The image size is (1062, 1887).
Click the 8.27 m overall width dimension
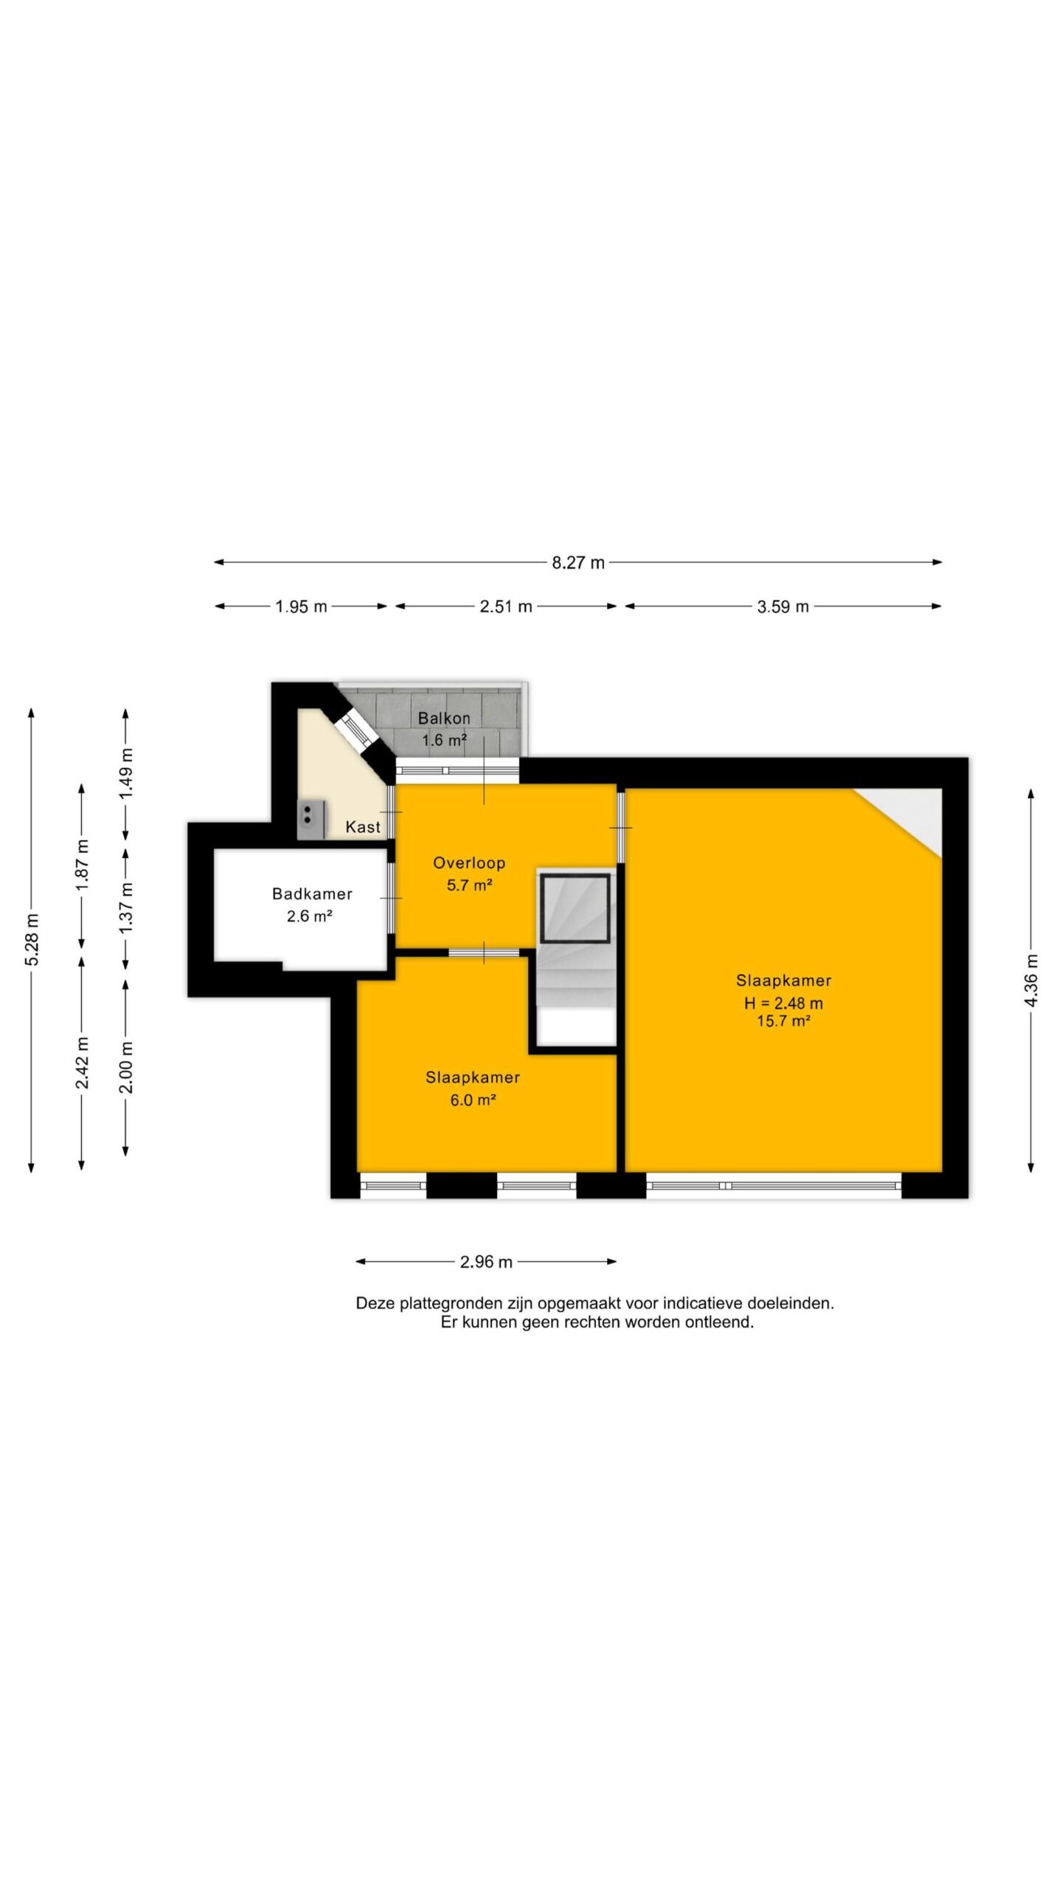(x=578, y=563)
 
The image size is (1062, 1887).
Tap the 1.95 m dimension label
(x=301, y=607)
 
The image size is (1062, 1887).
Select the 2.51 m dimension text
(x=506, y=607)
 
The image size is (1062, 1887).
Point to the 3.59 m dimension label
(x=783, y=607)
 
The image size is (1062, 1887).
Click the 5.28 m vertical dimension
(x=32, y=939)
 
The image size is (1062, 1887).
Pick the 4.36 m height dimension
(x=1032, y=980)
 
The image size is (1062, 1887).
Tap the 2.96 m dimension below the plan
(x=486, y=1262)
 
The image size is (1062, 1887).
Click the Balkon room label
(x=444, y=718)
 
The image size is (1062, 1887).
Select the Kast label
(x=363, y=827)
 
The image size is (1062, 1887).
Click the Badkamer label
(x=312, y=894)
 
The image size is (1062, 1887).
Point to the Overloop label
(x=469, y=863)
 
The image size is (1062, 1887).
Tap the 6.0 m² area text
(x=473, y=1101)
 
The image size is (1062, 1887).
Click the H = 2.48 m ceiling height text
(x=783, y=1003)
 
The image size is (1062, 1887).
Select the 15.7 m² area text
(x=783, y=1021)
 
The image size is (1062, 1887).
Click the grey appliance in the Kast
(x=311, y=820)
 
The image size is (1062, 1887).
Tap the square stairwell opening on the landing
(x=575, y=908)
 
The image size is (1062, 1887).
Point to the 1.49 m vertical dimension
(x=126, y=773)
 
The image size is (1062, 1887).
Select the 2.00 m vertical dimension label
(x=126, y=1067)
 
